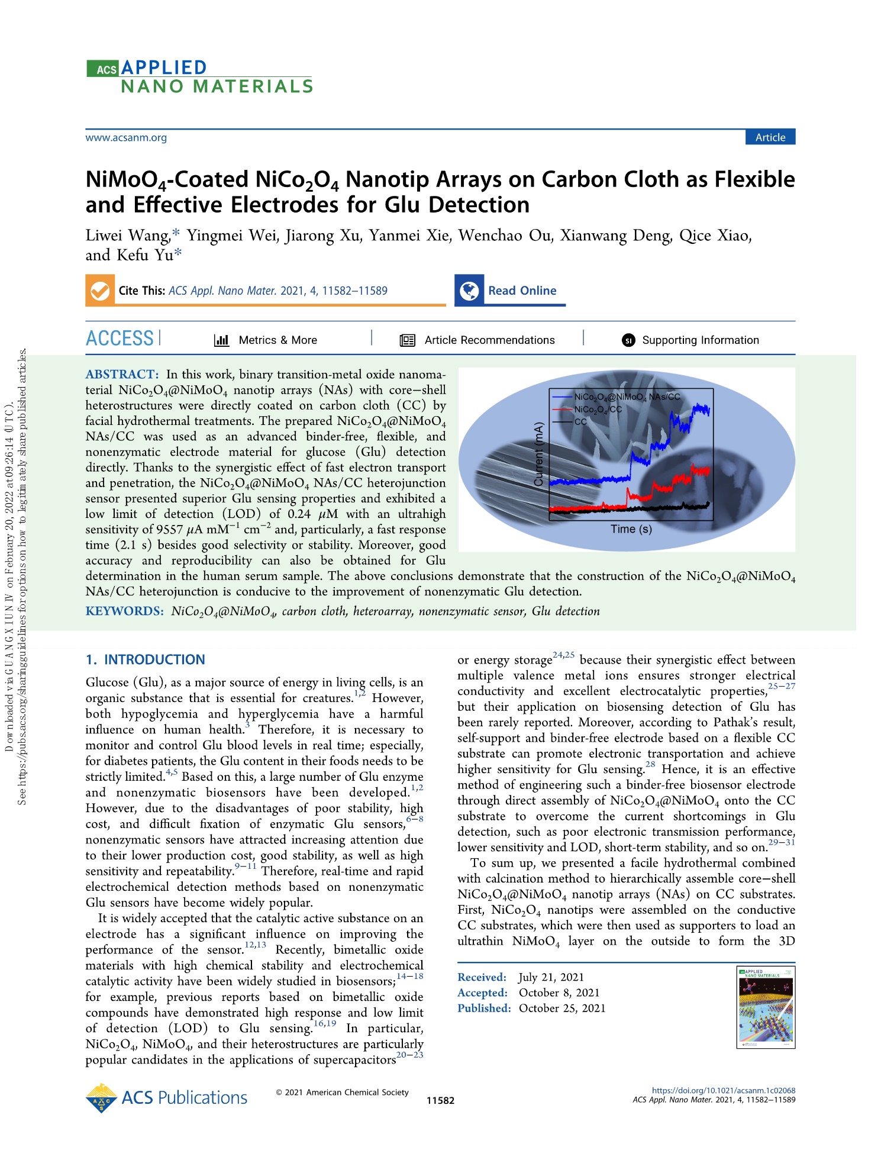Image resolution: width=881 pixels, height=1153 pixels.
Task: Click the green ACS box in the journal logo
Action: tap(103, 69)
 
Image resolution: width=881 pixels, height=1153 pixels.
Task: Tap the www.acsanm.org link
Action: tap(126, 138)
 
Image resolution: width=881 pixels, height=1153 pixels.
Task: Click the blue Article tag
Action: tap(770, 137)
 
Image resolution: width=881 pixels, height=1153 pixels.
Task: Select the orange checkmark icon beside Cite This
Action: tap(100, 291)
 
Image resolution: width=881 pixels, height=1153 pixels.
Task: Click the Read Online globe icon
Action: tap(469, 291)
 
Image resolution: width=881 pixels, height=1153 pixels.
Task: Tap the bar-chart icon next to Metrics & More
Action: tap(221, 340)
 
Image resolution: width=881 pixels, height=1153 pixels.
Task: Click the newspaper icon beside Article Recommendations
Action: tap(408, 340)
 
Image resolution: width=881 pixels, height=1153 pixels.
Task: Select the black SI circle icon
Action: tap(628, 340)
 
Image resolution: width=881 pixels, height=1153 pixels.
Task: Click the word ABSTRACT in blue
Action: tap(122, 374)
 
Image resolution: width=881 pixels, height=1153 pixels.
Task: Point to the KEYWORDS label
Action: tap(124, 611)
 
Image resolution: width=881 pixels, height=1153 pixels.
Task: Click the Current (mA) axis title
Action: tap(538, 454)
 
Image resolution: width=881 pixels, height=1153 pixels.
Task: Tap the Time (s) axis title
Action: tap(631, 529)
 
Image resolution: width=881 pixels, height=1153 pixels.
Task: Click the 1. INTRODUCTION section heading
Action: tap(146, 659)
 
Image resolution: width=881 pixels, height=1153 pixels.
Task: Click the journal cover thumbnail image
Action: tap(766, 1007)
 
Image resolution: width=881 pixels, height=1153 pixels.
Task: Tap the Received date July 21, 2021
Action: tap(551, 977)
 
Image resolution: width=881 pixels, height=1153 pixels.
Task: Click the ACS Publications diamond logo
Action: tap(102, 1098)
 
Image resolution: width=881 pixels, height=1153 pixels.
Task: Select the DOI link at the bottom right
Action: tap(723, 1090)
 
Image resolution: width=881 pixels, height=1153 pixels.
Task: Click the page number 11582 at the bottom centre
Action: tap(440, 1100)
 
